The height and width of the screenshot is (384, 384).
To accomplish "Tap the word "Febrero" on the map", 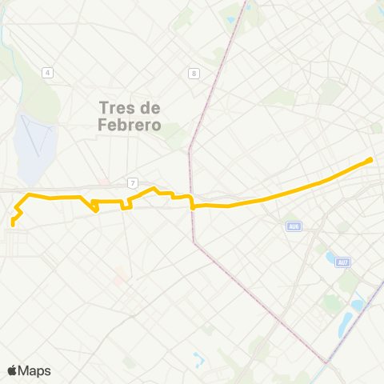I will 130,125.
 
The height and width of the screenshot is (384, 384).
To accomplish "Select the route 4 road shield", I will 48,73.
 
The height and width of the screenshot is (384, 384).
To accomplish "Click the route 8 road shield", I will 194,74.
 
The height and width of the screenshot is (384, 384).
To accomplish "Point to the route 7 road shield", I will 133,183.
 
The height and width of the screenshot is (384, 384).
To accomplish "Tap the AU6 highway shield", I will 294,226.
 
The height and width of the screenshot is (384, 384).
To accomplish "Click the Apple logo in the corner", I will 13,370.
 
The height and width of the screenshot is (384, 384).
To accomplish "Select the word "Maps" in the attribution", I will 35,370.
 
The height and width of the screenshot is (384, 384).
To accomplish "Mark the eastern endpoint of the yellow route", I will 371,160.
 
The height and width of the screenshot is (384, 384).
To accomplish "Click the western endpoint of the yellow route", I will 13,224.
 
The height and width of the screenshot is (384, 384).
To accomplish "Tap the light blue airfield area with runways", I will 34,144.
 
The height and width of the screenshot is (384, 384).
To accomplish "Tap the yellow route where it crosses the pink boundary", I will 193,206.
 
